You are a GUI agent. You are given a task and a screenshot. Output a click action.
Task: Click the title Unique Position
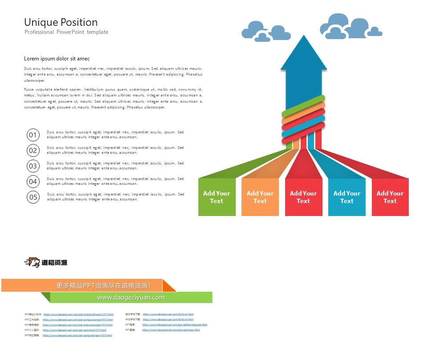[60, 22]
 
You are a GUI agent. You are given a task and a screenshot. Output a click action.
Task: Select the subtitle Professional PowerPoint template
[66, 32]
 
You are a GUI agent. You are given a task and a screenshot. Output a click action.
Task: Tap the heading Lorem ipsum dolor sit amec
[57, 59]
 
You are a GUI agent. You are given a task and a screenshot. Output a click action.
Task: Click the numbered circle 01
[33, 135]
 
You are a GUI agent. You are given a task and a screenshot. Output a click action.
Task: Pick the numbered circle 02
[33, 151]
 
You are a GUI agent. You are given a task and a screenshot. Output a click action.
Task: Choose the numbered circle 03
[33, 166]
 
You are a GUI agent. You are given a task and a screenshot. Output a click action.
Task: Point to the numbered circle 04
[33, 181]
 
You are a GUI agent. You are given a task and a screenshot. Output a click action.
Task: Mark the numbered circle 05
[33, 197]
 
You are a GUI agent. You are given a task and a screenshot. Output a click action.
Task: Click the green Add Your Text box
[217, 197]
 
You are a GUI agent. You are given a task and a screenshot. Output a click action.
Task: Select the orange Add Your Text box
[260, 197]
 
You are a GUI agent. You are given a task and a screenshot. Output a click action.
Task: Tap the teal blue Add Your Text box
[347, 197]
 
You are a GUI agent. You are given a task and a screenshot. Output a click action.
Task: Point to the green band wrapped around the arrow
[303, 106]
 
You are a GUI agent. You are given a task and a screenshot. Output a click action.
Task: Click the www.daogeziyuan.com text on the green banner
[131, 298]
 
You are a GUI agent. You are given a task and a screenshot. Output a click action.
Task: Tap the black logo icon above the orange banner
[32, 263]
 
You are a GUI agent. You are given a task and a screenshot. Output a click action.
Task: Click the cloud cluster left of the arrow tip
[266, 32]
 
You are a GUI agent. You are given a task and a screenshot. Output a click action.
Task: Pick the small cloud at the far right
[375, 32]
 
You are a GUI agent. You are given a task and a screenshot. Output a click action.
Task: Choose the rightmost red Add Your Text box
[390, 197]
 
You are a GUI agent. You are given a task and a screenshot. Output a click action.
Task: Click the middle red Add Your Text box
[303, 197]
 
